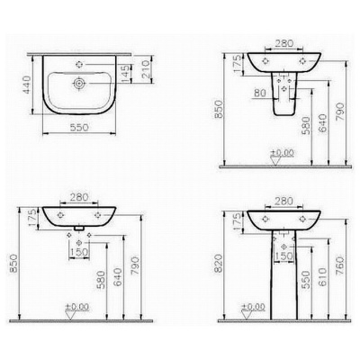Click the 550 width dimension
[79, 128]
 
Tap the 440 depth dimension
[27, 85]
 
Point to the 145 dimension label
[126, 74]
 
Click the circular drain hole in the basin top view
[79, 83]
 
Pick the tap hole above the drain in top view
[79, 65]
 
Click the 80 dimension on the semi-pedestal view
[260, 93]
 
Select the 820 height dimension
[220, 264]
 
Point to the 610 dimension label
[322, 277]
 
